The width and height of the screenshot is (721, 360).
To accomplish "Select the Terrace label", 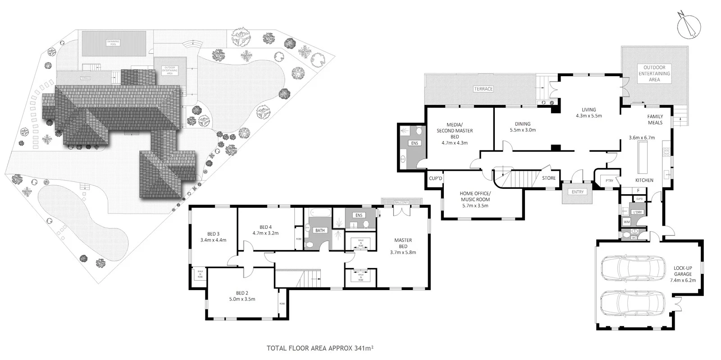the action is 483,89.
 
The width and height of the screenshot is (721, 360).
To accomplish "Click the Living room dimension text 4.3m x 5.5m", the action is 589,116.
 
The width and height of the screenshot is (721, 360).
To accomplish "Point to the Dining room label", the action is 523,124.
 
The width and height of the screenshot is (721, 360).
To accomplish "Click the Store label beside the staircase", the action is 548,178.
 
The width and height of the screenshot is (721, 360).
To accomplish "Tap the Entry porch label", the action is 577,192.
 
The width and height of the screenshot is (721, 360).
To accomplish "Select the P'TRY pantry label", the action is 609,181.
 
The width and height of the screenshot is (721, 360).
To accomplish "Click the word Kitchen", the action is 644,180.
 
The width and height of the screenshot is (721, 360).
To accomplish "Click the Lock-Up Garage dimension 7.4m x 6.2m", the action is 683,280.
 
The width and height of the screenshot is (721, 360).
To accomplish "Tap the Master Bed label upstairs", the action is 403,243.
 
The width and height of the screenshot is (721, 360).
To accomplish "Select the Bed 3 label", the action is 213,234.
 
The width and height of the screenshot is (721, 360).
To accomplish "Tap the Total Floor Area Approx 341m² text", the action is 321,348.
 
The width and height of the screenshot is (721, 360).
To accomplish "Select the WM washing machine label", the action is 626,222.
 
